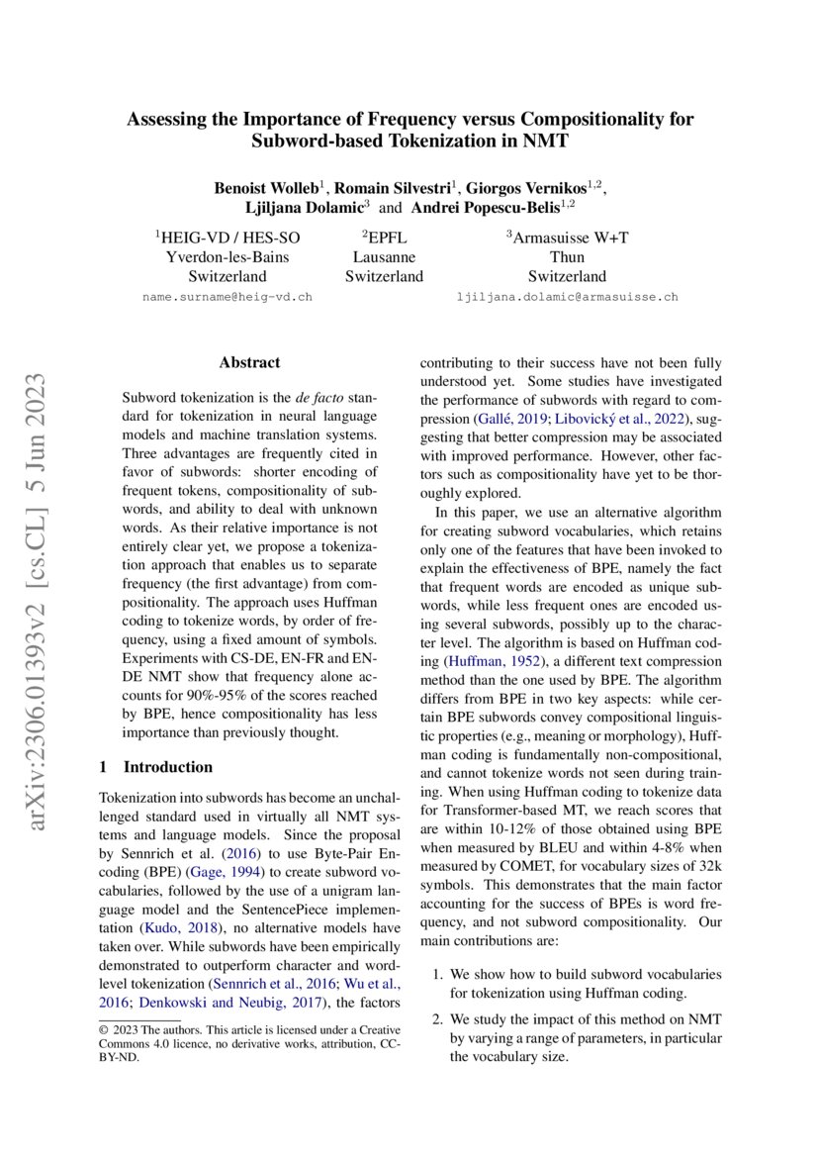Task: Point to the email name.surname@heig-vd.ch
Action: pyautogui.click(x=227, y=296)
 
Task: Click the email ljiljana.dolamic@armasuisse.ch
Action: pyautogui.click(x=567, y=296)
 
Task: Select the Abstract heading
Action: pyautogui.click(x=249, y=363)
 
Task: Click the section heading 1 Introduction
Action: pyautogui.click(x=156, y=767)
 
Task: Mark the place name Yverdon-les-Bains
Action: pyautogui.click(x=227, y=256)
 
